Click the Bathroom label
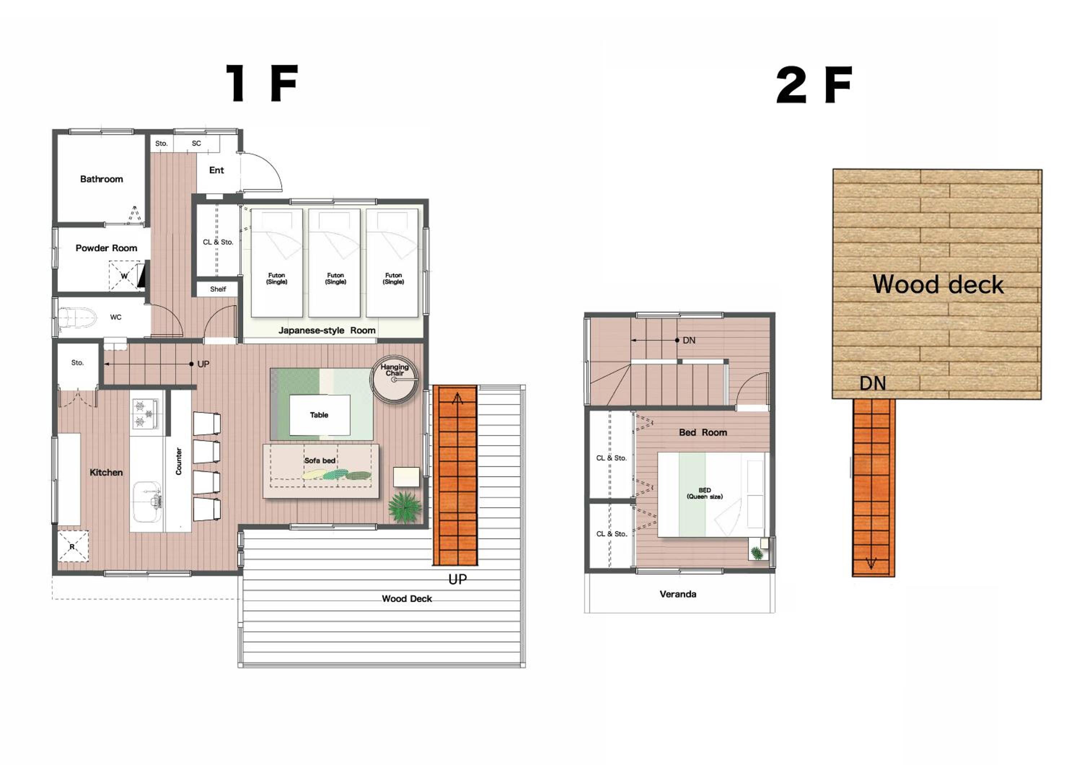coord(101,179)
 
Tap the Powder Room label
coord(106,248)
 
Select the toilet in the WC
coord(77,318)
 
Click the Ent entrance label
coord(216,170)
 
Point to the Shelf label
coord(218,289)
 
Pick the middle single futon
coord(335,263)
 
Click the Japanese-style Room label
coord(327,331)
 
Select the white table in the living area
coord(320,415)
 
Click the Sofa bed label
coord(320,460)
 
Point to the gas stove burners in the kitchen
coord(146,414)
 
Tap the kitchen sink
coord(147,502)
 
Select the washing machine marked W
coord(124,276)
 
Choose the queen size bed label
coord(704,493)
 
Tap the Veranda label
coord(678,594)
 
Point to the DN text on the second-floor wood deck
coord(873,383)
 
